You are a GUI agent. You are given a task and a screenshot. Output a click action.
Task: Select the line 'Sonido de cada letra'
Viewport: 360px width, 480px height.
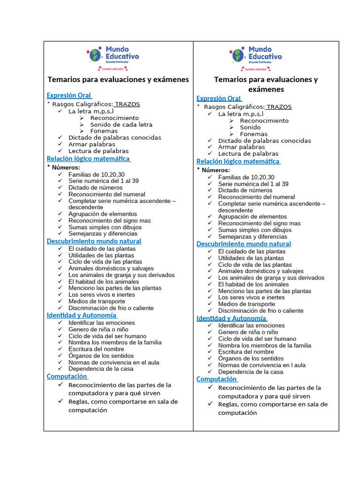click(x=121, y=125)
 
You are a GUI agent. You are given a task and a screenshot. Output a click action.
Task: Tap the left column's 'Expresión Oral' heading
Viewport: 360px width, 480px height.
click(x=68, y=95)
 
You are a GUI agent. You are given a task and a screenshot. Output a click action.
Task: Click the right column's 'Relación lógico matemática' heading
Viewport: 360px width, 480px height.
click(x=238, y=161)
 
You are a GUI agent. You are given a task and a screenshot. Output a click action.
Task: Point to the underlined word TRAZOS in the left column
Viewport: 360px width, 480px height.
click(x=127, y=104)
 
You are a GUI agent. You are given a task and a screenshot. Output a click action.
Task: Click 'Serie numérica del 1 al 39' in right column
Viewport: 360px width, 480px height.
click(x=253, y=184)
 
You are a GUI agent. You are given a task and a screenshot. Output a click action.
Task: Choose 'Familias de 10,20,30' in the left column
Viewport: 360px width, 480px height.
click(x=97, y=174)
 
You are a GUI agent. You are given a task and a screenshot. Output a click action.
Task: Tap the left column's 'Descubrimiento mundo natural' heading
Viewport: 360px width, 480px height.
click(x=94, y=241)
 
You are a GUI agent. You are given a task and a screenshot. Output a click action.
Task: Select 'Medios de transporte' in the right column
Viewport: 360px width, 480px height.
click(x=247, y=304)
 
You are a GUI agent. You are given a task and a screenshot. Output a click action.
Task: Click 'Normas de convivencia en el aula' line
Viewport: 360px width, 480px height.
click(x=113, y=362)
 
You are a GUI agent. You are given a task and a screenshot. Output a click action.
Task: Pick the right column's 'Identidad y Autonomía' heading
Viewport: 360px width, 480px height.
click(x=232, y=318)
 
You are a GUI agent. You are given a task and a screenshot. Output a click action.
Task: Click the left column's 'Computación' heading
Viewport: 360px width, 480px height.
click(x=67, y=376)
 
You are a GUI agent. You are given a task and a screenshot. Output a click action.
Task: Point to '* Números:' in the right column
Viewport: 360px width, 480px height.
click(x=213, y=170)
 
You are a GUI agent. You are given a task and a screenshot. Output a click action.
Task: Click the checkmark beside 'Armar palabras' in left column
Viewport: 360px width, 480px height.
click(x=60, y=144)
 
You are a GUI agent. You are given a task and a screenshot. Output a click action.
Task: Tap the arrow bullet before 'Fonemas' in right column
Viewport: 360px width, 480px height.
click(x=232, y=134)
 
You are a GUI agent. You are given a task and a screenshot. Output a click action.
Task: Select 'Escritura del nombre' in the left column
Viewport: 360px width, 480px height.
click(x=97, y=349)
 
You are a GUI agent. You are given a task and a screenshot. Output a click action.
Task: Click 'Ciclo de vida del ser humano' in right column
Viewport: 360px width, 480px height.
click(x=257, y=338)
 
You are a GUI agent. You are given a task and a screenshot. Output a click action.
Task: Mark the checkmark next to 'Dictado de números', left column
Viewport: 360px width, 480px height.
click(x=60, y=187)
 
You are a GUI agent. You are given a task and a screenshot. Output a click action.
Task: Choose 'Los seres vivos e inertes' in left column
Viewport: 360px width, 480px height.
click(x=101, y=295)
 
